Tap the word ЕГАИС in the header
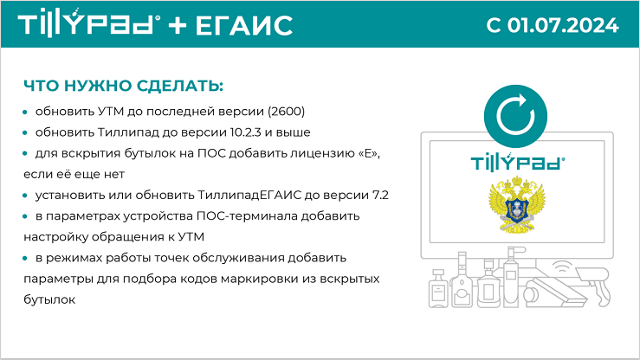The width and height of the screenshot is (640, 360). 244,25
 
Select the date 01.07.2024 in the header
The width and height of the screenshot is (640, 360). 563,25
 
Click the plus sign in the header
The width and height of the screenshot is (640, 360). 178,25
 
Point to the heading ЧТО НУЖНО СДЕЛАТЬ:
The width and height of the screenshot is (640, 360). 123,86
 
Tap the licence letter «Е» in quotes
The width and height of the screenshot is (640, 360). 369,153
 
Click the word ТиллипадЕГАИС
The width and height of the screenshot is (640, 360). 249,195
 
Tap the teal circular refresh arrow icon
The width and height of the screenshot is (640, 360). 515,116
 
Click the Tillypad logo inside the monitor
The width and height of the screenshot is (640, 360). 518,162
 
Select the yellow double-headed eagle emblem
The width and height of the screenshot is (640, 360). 517,204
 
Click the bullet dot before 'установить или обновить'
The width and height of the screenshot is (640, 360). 25,196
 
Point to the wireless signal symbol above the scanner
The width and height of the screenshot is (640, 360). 562,267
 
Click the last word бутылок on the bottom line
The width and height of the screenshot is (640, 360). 49,299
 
